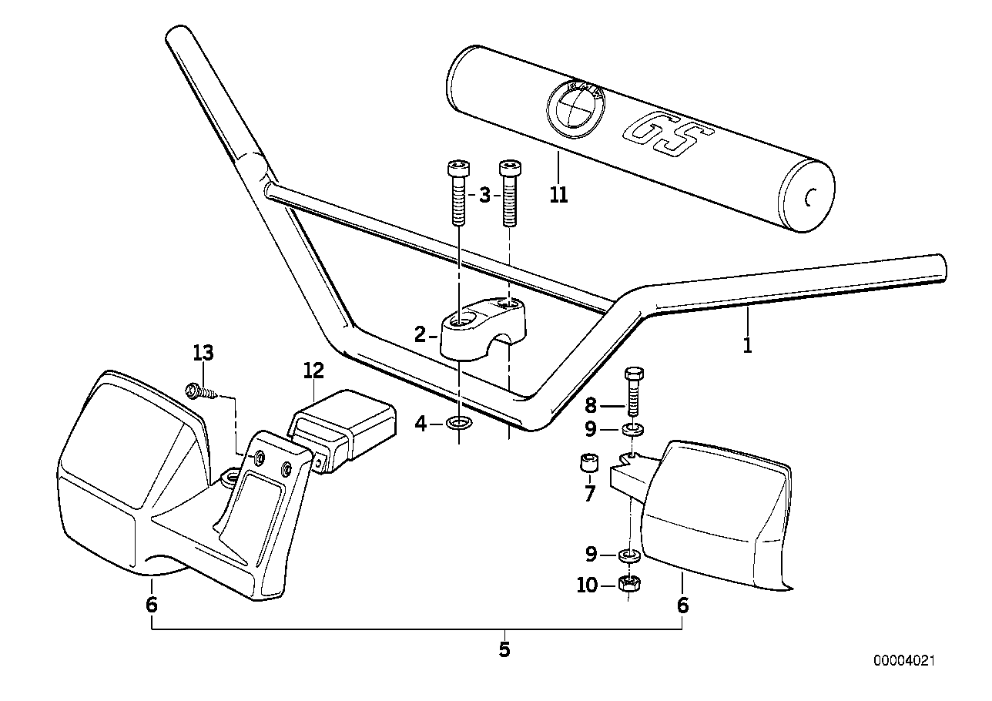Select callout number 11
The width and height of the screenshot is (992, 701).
point(559,195)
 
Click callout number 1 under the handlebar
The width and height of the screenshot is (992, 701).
point(746,345)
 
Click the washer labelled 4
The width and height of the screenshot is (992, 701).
point(461,423)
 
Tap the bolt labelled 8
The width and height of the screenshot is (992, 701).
point(634,390)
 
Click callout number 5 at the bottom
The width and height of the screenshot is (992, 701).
point(504,649)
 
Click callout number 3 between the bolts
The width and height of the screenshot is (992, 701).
point(484,195)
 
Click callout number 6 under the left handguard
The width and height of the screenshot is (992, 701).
point(151,605)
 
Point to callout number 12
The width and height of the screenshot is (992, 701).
point(313,371)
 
